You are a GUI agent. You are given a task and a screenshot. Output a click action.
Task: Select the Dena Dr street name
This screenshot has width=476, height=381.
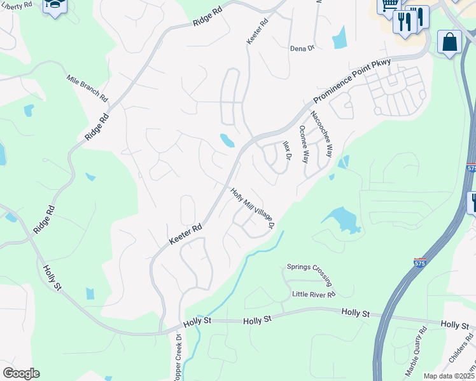click(x=302, y=48)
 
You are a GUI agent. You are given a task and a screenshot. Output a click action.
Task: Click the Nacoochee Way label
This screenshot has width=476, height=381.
click(x=321, y=134)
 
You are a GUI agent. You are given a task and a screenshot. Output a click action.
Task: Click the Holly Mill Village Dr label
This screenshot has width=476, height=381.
click(x=253, y=208)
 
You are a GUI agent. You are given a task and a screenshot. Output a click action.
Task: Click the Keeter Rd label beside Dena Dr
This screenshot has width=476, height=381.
click(x=258, y=31)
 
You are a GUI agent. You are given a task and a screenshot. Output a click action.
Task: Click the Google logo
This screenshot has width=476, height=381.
click(x=21, y=373)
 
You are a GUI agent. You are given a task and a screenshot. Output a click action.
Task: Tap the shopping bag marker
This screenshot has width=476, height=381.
click(x=449, y=42)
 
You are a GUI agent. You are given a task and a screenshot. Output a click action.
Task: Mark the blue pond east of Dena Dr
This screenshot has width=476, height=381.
click(x=339, y=38)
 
